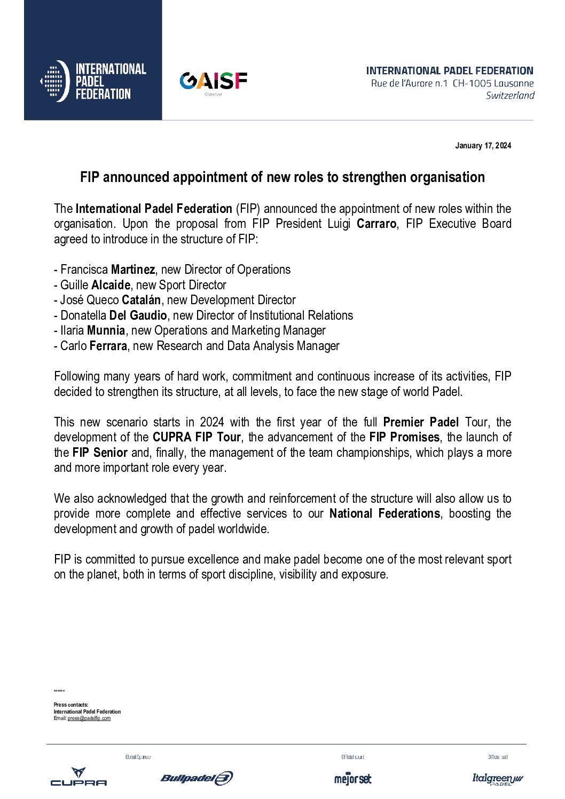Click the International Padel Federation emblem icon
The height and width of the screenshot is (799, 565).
pos(55,81)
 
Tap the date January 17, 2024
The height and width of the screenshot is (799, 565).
pos(483,146)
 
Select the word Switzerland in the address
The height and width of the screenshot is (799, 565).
pos(510,96)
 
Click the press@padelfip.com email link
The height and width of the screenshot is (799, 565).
pos(89,718)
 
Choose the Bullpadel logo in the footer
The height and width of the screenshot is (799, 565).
pos(197,778)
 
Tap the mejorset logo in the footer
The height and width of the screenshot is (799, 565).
pos(352,779)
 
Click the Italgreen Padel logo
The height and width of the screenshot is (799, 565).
pos(498,779)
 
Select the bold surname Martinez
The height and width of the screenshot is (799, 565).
pos(133,270)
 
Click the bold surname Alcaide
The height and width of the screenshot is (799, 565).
pos(111,285)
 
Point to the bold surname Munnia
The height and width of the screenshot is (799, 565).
pos(106,331)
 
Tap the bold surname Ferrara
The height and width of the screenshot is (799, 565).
pos(108,346)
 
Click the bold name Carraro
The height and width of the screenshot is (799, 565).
pos(376,224)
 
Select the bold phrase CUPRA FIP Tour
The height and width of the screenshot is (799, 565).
pos(197,437)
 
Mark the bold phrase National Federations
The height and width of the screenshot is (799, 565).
pos(384,513)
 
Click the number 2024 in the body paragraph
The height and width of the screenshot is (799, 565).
pos(212,422)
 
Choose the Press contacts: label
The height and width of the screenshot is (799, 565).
pos(71,705)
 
